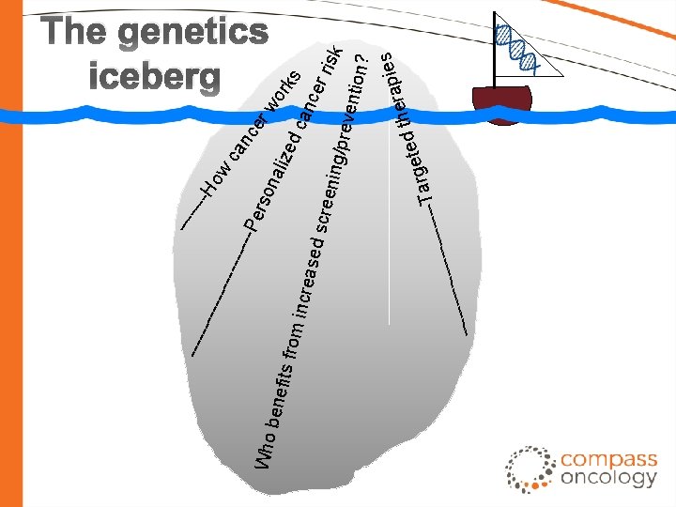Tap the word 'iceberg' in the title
tap(155, 76)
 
